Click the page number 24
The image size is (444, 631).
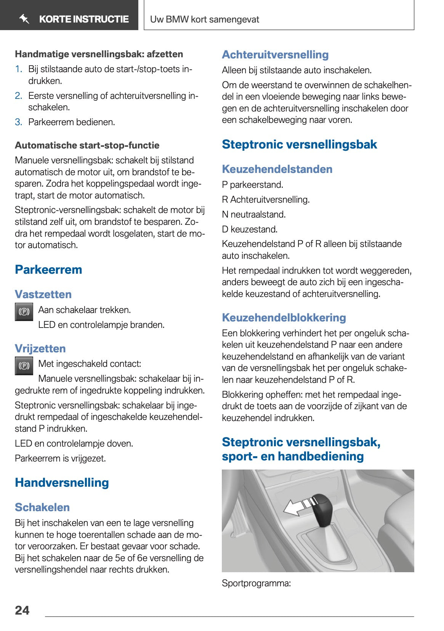pos(22,610)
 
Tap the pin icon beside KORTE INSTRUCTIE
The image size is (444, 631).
pos(24,19)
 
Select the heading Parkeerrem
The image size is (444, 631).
pos(48,270)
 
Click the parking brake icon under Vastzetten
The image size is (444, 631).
pos(24,312)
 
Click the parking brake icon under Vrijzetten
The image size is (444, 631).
pos(24,366)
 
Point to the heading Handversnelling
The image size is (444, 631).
pos(62,483)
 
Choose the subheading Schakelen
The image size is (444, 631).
pos(42,507)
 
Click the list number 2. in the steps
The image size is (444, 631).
pos(19,96)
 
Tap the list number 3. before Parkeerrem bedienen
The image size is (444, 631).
pos(19,122)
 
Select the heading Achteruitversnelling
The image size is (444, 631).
pos(275,55)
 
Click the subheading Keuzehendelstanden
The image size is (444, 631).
pos(277,169)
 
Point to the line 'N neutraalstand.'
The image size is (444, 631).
pos(254,215)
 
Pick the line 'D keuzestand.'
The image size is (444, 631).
pos(250,229)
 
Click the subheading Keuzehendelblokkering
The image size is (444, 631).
pos(284,318)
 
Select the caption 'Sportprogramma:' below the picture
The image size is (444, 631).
pos(256,583)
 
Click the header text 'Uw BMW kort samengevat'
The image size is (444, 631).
pos(205,19)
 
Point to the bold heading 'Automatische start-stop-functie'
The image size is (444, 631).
pos(87,145)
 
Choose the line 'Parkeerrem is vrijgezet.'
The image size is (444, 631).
pos(60,458)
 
